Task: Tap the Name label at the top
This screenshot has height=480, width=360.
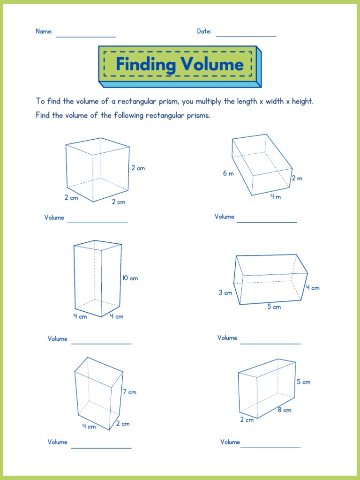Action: click(44, 31)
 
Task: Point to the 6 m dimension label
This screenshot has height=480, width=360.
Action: click(228, 173)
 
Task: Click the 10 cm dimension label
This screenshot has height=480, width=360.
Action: click(130, 278)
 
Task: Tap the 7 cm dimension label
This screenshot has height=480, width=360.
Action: click(129, 392)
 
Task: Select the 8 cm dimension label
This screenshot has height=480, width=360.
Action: click(284, 410)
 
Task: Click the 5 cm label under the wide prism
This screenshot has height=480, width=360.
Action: click(274, 307)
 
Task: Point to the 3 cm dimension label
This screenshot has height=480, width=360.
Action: click(225, 293)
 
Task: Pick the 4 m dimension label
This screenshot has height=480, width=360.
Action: click(275, 197)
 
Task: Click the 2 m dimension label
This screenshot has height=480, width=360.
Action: click(297, 178)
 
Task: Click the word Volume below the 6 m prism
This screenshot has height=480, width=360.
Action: click(225, 217)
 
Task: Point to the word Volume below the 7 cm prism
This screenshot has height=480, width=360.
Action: click(58, 442)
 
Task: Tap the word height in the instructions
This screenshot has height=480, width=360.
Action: click(302, 101)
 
